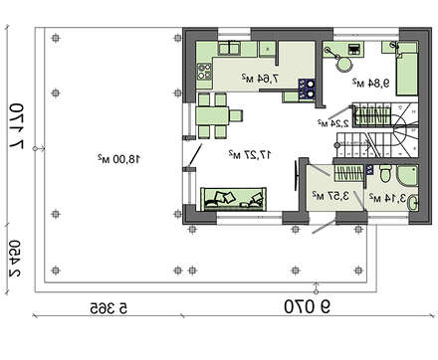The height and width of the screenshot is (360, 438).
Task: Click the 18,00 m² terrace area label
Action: click(x=119, y=159)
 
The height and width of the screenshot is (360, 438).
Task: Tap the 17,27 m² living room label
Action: click(x=250, y=154)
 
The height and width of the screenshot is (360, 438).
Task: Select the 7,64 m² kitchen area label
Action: click(x=260, y=79)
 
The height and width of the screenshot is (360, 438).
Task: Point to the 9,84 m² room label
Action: click(x=370, y=83)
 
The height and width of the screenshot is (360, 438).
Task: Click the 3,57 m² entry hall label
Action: click(x=330, y=196)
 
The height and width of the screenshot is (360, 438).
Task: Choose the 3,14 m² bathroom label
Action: click(x=387, y=198)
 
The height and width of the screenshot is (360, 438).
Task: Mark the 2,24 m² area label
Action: click(x=332, y=123)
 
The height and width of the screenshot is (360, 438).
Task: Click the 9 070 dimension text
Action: click(x=307, y=306)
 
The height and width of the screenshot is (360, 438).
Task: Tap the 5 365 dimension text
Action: click(x=109, y=308)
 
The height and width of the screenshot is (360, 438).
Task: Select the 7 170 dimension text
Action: click(x=16, y=126)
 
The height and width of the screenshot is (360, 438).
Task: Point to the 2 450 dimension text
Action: click(x=15, y=259)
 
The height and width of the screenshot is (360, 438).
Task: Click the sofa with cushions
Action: click(x=233, y=199)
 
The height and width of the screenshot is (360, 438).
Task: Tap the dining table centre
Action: click(x=212, y=115)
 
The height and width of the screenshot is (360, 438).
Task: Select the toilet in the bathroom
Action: click(x=385, y=173)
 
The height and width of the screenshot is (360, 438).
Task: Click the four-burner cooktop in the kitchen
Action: click(x=204, y=72)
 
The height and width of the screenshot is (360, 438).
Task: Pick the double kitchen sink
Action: click(x=229, y=49)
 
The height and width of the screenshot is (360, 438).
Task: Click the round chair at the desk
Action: click(x=343, y=64)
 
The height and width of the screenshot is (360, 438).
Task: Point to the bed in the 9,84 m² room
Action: click(x=406, y=74)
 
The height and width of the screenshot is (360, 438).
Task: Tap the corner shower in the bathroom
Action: click(x=407, y=176)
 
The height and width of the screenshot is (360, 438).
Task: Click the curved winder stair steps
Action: click(x=405, y=130)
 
